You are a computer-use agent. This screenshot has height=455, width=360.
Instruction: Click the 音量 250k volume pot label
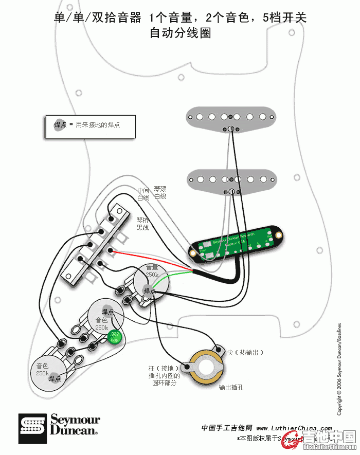click(x=152, y=271)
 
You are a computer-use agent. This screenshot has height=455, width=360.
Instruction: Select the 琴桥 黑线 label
click(x=142, y=223)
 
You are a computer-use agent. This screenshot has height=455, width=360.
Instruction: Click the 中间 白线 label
click(x=143, y=194)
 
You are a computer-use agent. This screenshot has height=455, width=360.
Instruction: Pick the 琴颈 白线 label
click(x=160, y=193)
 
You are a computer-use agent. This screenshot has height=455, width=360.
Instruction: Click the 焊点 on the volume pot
click(x=150, y=291)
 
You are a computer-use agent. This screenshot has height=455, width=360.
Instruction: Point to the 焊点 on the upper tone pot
click(x=107, y=312)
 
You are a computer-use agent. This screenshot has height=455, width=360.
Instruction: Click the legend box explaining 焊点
click(x=91, y=125)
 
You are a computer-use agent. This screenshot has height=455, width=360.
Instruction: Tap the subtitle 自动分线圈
click(x=180, y=33)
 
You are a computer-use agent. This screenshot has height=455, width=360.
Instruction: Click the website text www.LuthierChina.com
click(x=294, y=428)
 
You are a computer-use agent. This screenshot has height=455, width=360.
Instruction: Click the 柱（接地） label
click(x=163, y=369)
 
